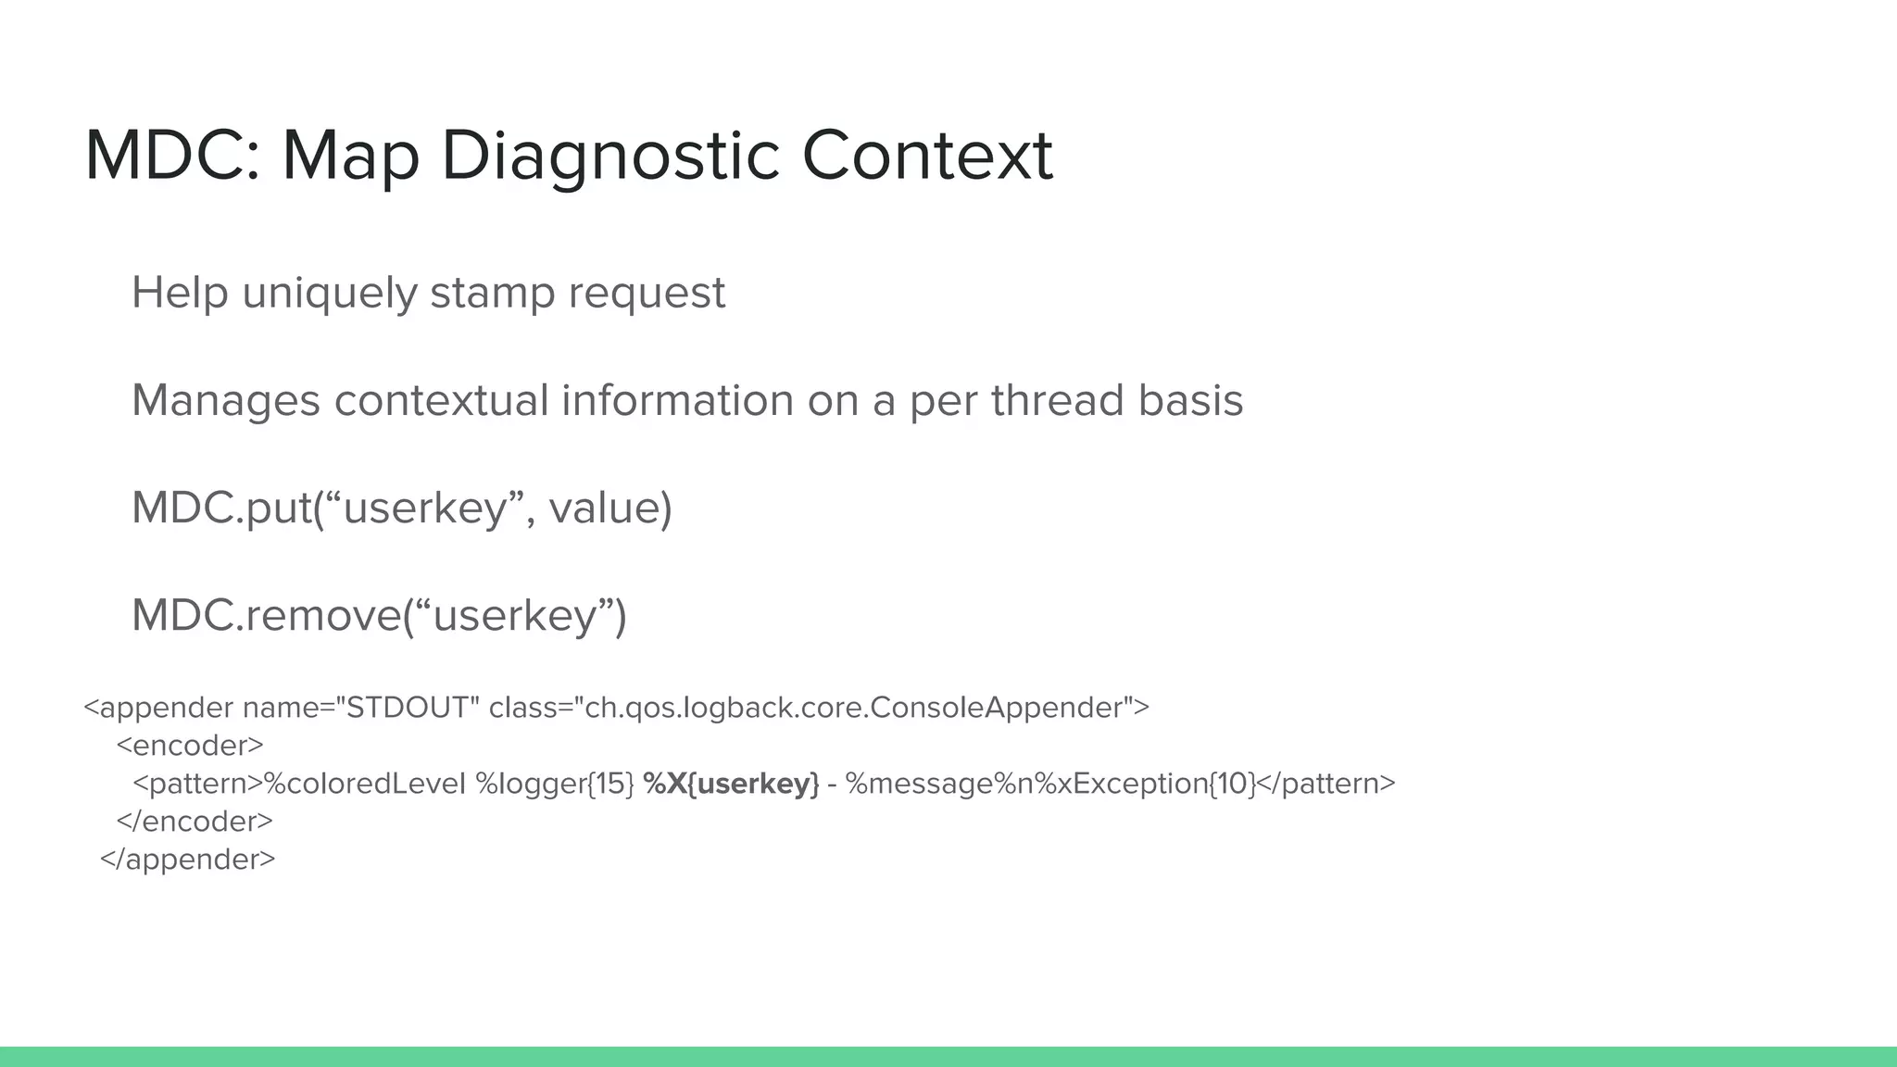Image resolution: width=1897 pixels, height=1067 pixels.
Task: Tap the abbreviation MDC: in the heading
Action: pos(172,156)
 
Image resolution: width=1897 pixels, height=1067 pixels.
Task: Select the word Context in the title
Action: pos(926,156)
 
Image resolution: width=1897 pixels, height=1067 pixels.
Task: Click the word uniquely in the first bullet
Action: pos(329,294)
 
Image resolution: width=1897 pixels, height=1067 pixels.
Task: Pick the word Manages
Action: pos(225,400)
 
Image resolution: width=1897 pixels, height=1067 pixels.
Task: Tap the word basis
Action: pos(1190,400)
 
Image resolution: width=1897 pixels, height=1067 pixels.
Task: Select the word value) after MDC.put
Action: pos(610,508)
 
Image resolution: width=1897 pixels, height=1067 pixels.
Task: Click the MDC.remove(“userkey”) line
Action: pos(379,615)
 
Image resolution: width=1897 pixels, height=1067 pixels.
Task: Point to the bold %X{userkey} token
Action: pos(731,784)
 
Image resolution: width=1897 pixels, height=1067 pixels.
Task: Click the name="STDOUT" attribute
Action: pos(360,708)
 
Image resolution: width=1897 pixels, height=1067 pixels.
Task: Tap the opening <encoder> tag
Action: pos(190,746)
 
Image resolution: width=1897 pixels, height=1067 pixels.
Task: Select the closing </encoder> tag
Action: pos(195,822)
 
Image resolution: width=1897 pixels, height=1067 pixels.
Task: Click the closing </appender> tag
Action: pos(187,860)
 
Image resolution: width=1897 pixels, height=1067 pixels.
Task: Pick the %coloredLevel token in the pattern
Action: pos(365,784)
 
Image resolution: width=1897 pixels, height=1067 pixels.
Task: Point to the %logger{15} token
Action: pos(555,784)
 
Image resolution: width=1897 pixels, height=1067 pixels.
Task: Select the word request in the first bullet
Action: pos(647,294)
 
